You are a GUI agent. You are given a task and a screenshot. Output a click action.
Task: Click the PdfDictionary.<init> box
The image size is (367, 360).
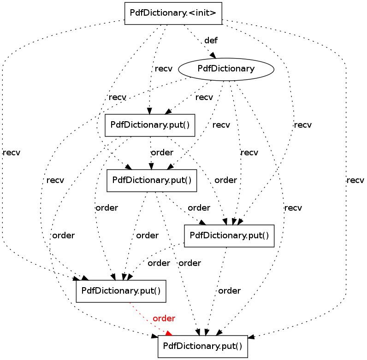pos(173,13)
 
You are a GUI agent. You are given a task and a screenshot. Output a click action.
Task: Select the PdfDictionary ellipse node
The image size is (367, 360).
pos(226,69)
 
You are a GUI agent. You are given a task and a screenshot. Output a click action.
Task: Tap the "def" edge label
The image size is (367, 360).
pos(211,40)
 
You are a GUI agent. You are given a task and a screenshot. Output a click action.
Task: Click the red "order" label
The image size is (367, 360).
pos(164,319)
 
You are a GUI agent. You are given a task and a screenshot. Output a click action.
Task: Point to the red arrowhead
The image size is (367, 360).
pos(169,333)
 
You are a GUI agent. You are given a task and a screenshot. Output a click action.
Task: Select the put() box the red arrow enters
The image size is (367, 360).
pos(203,347)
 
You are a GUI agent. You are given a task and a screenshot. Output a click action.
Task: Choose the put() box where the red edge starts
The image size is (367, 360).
pos(121,291)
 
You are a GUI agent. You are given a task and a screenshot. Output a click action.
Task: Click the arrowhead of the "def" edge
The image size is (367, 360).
pos(213,55)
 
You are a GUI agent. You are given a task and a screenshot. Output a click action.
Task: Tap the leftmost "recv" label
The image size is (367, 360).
pos(12,153)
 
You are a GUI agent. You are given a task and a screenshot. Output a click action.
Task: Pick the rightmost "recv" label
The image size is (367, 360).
pos(355,180)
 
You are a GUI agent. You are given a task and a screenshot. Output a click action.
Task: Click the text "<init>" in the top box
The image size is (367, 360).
pos(202,12)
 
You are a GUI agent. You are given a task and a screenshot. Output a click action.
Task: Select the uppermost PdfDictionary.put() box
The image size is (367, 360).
pos(150,125)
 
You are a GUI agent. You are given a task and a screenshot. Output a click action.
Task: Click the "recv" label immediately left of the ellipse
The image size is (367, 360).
pos(164,69)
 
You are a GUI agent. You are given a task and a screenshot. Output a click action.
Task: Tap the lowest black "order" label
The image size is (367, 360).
pos(230,291)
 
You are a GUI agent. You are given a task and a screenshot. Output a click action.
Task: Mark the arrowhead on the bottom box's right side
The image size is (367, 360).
pos(251,337)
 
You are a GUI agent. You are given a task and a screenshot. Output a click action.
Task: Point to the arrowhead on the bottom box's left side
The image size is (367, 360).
pos(155,336)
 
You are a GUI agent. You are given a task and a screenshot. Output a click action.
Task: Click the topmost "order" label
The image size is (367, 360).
pos(162,153)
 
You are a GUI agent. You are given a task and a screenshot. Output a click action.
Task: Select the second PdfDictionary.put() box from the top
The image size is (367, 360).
pos(152,181)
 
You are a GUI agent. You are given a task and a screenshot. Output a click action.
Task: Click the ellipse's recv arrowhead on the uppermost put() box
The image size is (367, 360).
pos(168,112)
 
